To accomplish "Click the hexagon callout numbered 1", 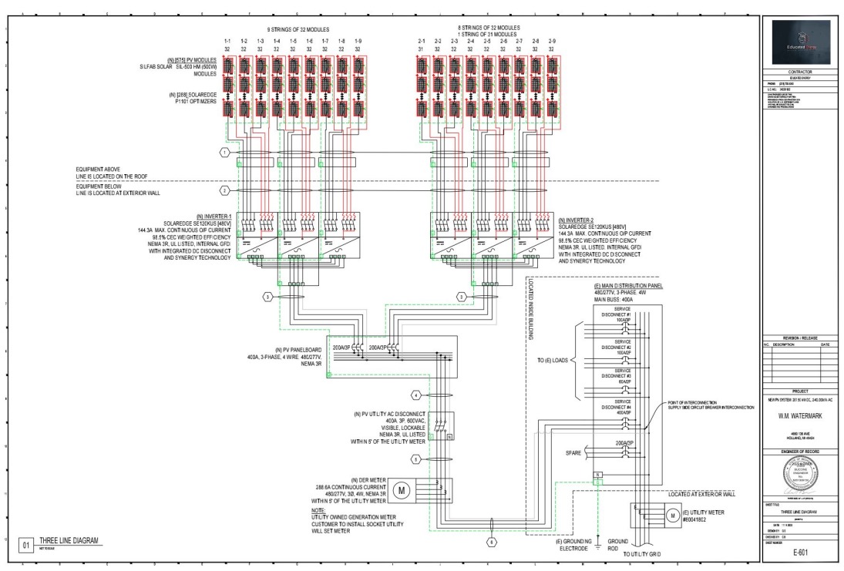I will coord(224,153).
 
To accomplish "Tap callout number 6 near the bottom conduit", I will coord(493,542).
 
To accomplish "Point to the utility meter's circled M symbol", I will coord(671,515).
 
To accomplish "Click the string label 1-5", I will coord(293,40).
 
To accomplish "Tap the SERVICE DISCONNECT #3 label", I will coord(622,371).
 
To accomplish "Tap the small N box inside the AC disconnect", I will coord(449,436).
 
